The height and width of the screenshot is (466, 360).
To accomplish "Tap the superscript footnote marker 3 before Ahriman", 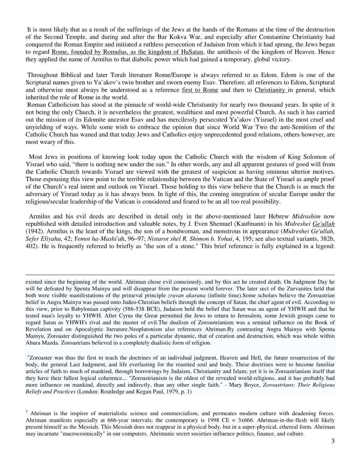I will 27,411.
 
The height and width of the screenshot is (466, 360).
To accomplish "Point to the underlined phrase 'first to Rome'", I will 200,90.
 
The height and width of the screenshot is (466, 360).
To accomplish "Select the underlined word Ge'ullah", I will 324,224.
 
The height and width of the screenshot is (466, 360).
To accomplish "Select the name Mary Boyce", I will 242,385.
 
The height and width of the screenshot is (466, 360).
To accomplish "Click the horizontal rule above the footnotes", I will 180,275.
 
